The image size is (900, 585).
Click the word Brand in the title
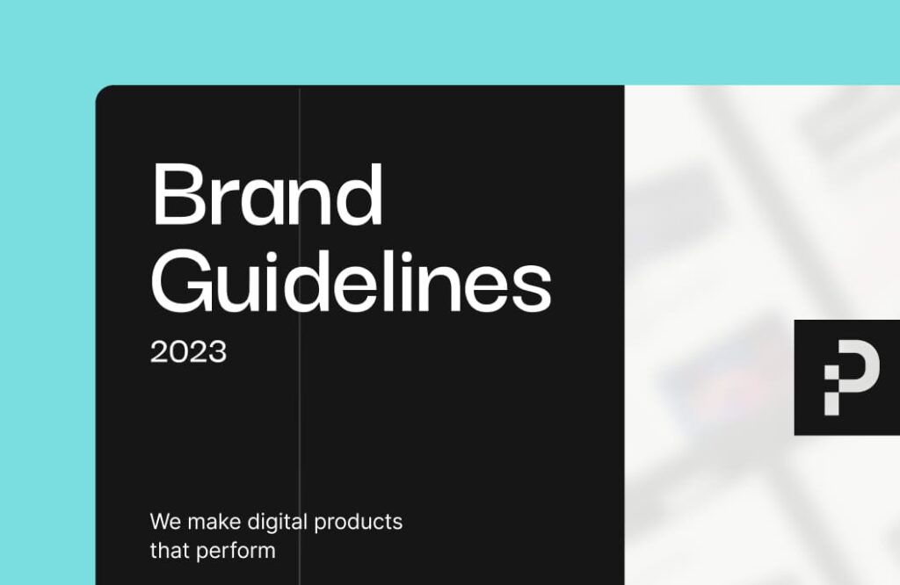(267, 195)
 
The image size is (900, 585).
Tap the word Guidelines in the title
(352, 282)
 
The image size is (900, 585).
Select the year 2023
(188, 351)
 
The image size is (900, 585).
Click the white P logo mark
(852, 378)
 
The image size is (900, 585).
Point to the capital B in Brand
(178, 194)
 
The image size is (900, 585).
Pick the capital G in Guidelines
(178, 282)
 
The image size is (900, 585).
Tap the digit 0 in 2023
(179, 351)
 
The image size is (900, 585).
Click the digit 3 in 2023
(218, 351)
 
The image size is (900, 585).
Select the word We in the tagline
(165, 522)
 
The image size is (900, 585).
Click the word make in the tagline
(214, 522)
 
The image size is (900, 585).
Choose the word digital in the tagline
(278, 523)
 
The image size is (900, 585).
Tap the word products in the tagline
(359, 523)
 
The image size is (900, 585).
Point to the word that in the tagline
(170, 551)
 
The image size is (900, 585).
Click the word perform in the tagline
(236, 552)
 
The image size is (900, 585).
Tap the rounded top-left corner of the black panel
(98, 89)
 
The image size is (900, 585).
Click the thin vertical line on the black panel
(300, 336)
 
